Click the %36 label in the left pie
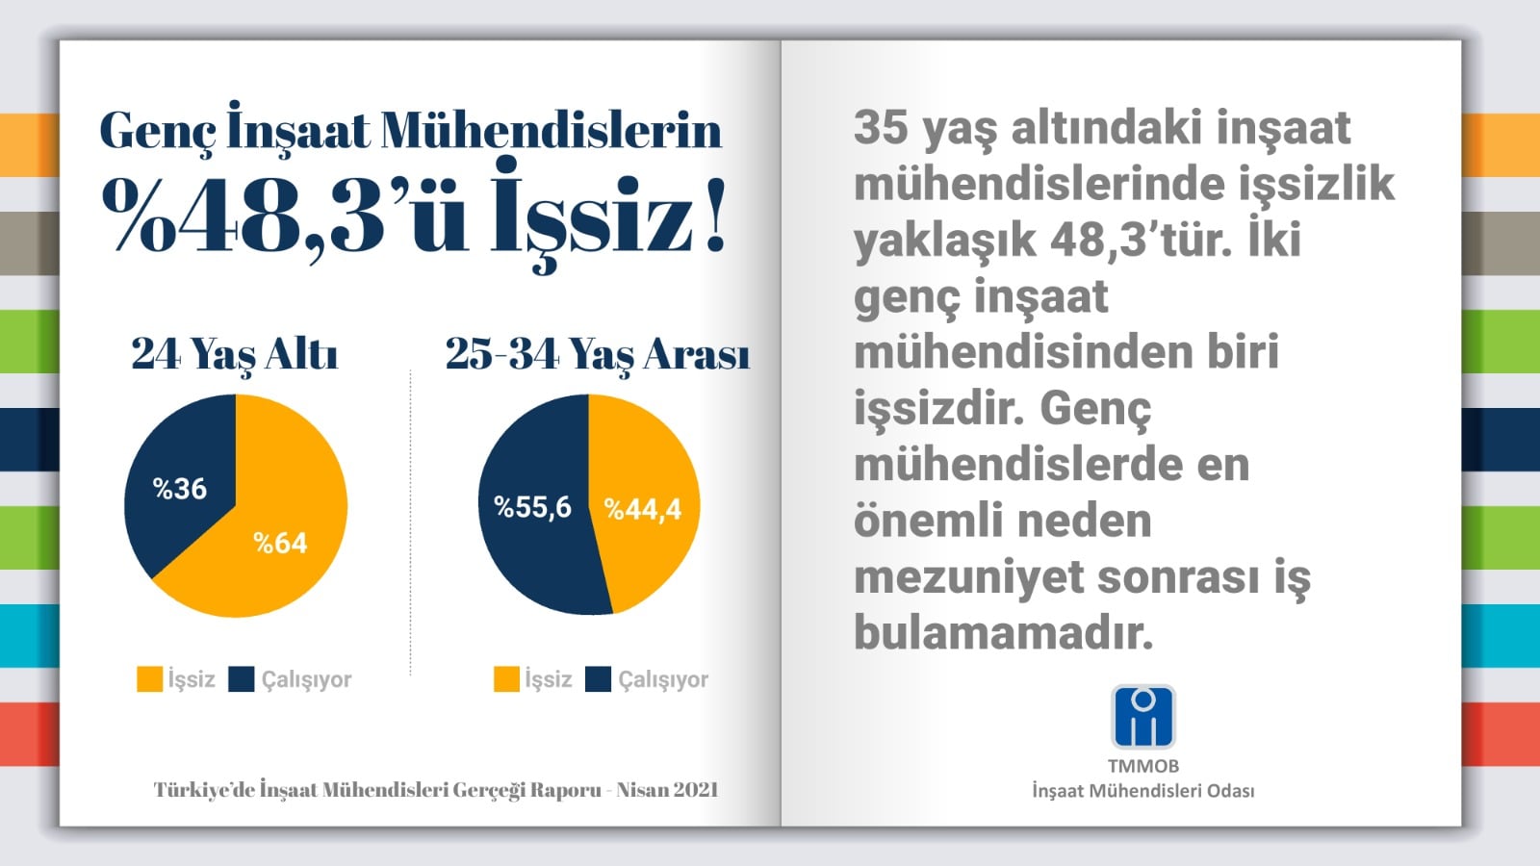click(x=179, y=489)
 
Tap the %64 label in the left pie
click(x=280, y=543)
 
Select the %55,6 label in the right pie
click(x=532, y=507)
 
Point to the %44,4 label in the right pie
click(x=642, y=509)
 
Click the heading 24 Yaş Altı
click(x=235, y=355)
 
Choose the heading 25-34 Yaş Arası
click(x=598, y=355)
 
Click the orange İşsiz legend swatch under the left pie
click(x=150, y=679)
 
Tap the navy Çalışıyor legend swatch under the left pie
click(x=242, y=679)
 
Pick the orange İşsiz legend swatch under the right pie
click(x=506, y=679)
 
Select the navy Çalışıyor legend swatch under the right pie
click(x=598, y=679)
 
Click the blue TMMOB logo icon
click(x=1143, y=717)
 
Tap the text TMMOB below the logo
click(x=1143, y=766)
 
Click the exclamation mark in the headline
click(x=715, y=214)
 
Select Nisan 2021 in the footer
click(x=667, y=790)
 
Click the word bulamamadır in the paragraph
click(x=1003, y=632)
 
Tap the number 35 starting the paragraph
click(x=881, y=128)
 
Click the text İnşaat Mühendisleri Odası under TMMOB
click(x=1143, y=791)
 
